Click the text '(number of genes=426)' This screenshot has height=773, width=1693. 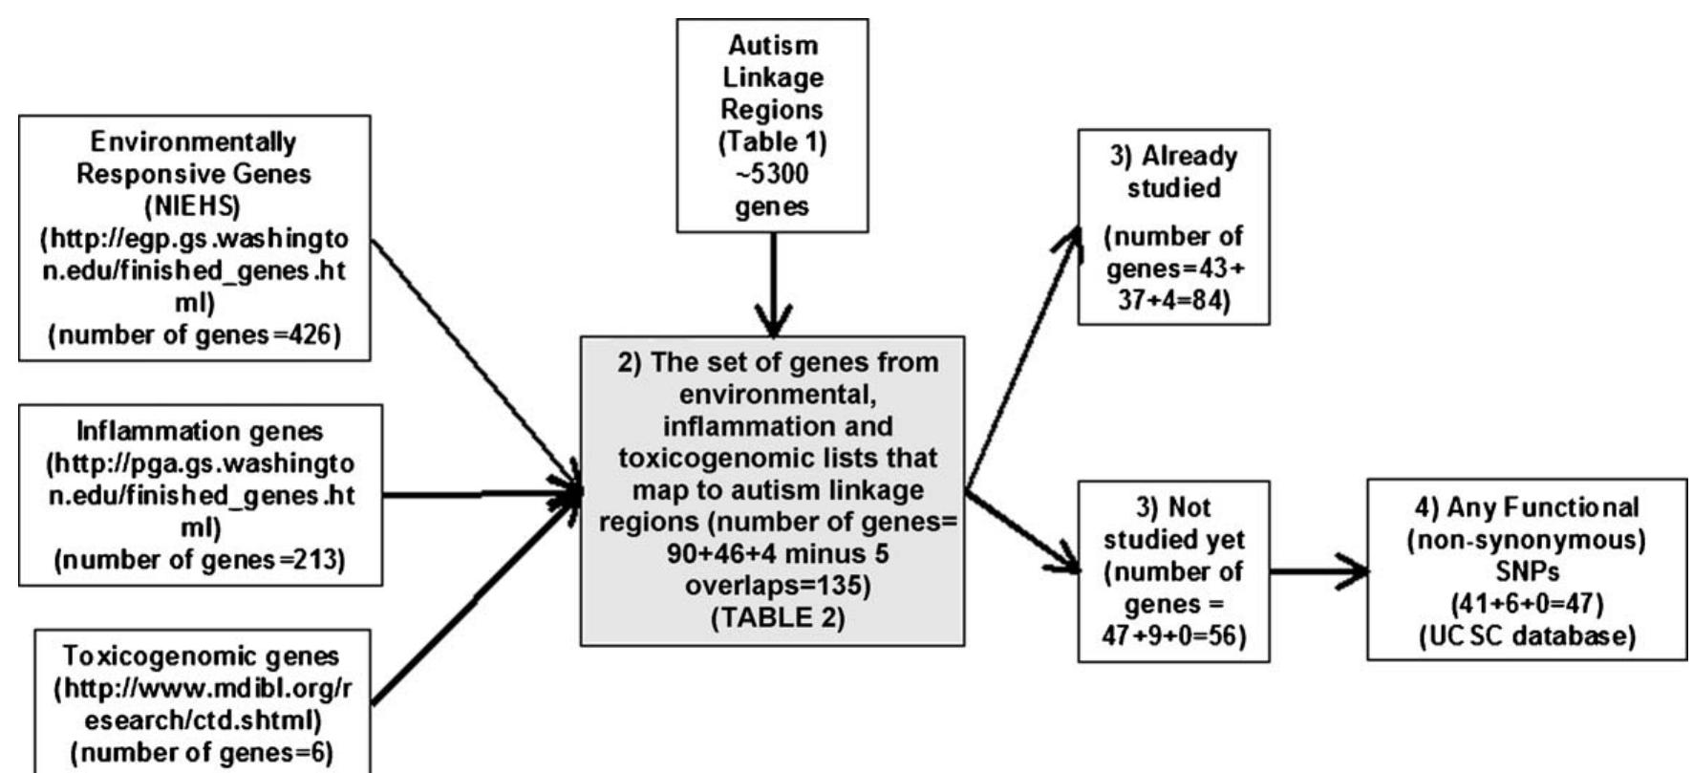coord(194,336)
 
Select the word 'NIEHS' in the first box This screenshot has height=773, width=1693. coord(194,206)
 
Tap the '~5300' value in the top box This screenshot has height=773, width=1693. coord(772,174)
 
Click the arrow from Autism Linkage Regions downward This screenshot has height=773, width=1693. coord(772,287)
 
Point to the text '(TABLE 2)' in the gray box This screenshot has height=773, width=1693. coord(772,617)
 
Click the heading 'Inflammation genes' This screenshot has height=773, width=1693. coord(200,431)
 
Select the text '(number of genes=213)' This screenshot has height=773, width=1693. coord(200,560)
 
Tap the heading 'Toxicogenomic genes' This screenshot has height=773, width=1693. coord(201,656)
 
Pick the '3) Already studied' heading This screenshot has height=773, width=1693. coord(1174,172)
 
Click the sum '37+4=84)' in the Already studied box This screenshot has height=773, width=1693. coord(1174,301)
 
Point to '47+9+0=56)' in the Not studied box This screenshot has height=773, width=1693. coord(1174,635)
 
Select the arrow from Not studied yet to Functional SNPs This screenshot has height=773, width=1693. coord(1318,571)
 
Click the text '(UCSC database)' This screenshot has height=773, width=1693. coord(1527,635)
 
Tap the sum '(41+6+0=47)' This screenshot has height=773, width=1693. coord(1527,603)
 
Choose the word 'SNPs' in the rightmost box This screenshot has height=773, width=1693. coord(1527,571)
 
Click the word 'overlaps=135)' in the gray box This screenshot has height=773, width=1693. coord(772,585)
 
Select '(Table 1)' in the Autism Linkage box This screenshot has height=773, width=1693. coord(772,141)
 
